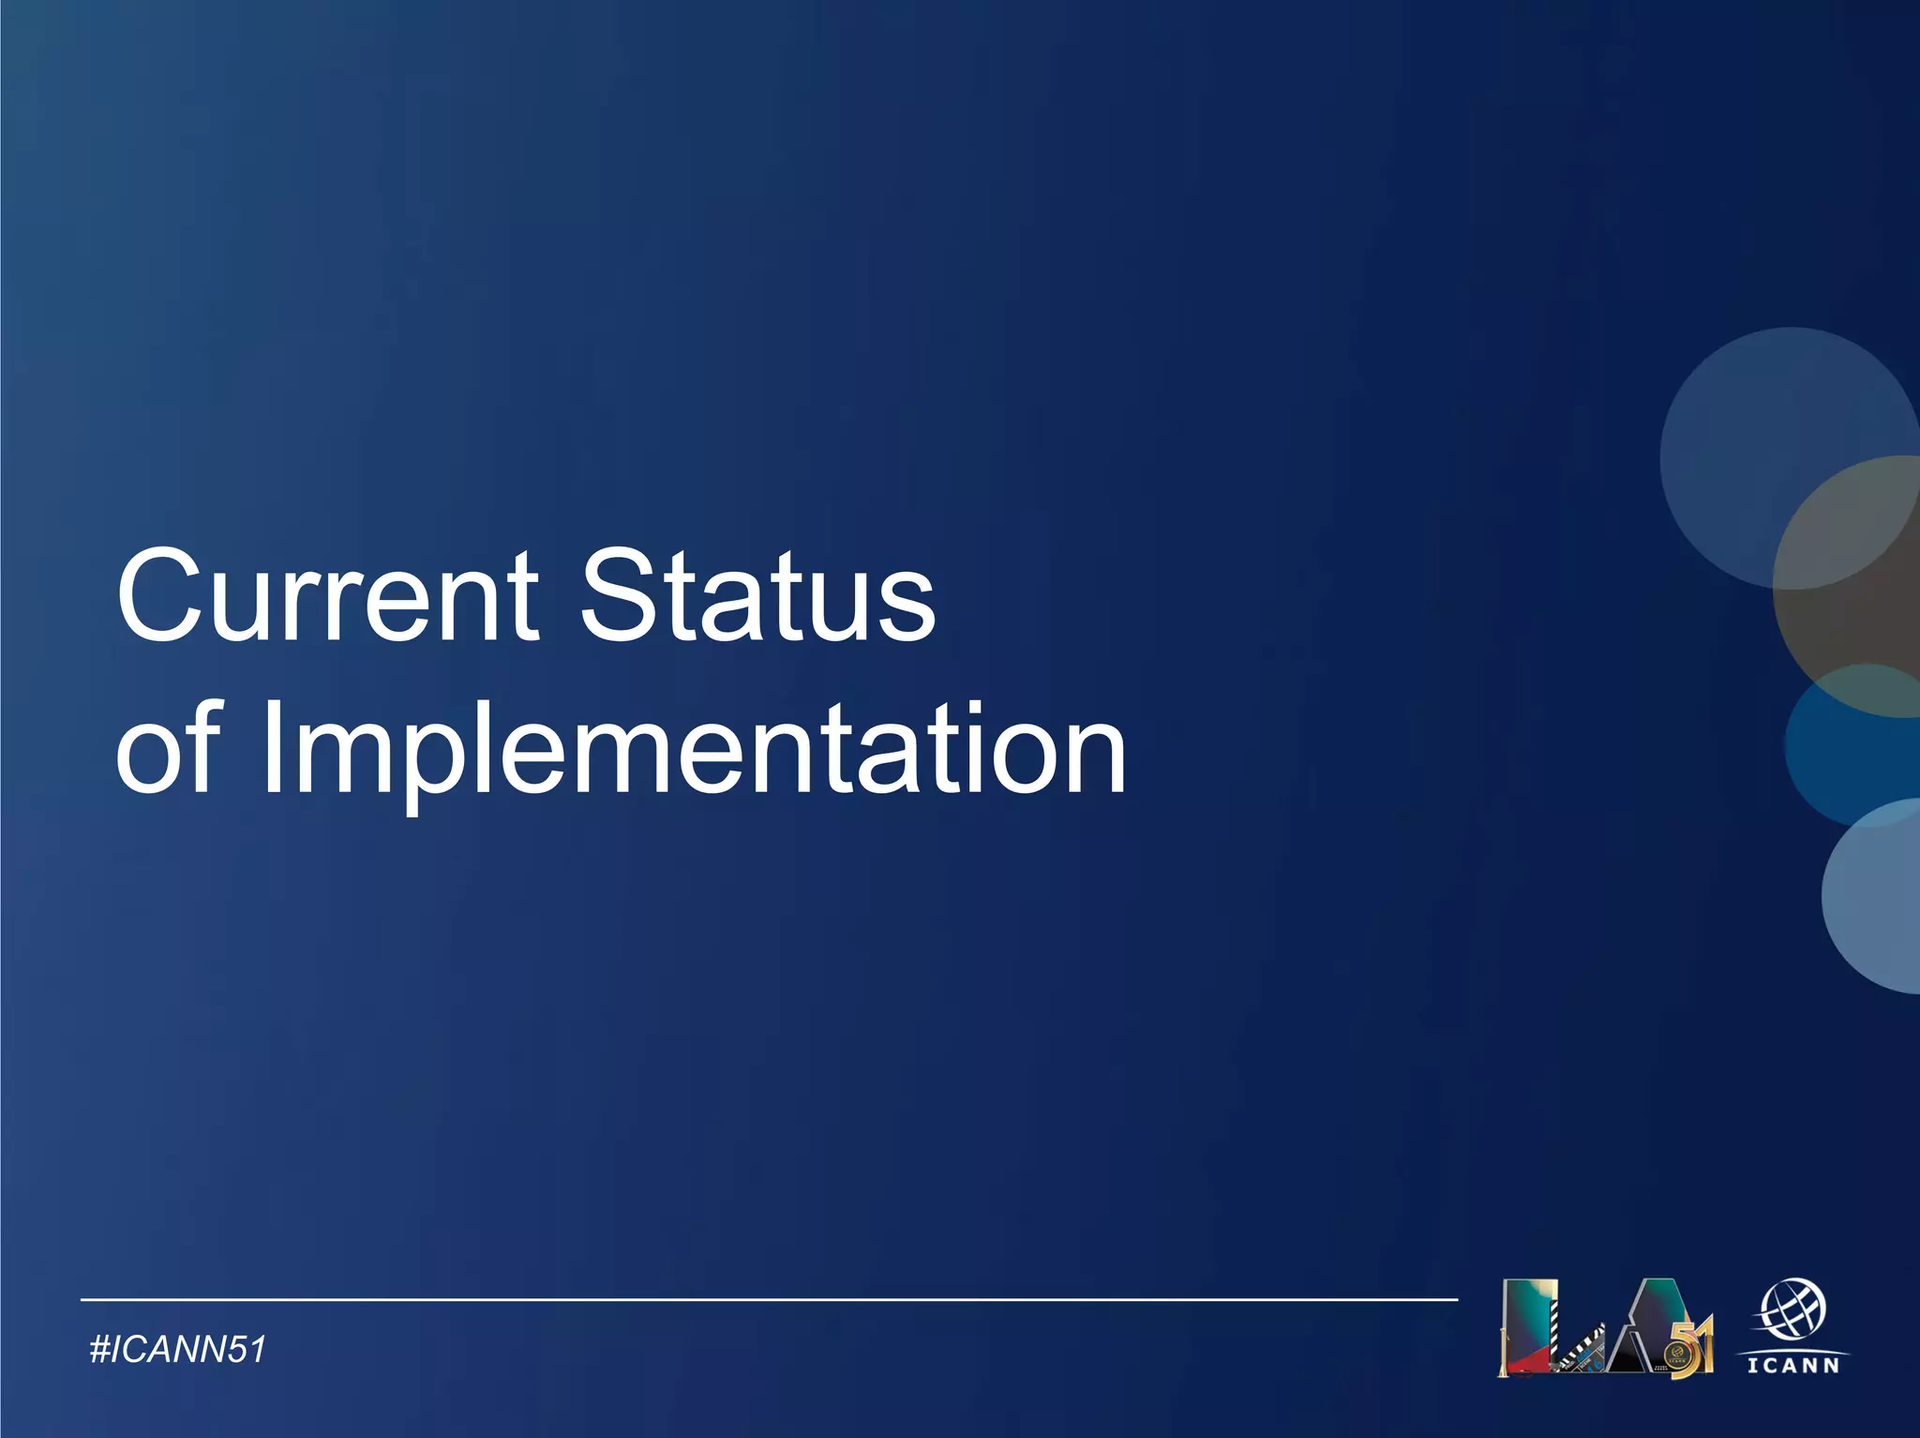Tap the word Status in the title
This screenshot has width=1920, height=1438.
(x=757, y=596)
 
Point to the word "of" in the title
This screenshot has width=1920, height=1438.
(x=169, y=750)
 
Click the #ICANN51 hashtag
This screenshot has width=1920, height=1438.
(x=178, y=1350)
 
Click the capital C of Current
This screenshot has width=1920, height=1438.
(x=158, y=596)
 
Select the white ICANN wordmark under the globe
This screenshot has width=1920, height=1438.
(x=1793, y=1366)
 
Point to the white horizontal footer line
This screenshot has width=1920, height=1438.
(x=769, y=1299)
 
